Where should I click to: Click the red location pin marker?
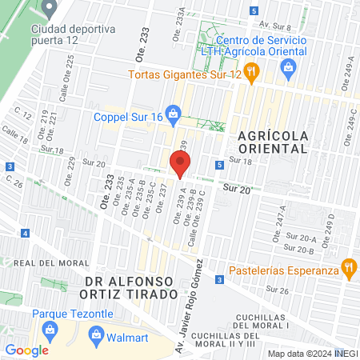(180, 164)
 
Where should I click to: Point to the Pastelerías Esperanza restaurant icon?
(348, 268)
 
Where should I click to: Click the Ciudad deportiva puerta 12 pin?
(50, 9)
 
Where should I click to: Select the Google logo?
(26, 350)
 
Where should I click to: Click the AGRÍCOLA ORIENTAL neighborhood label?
(272, 142)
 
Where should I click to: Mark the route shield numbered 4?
(26, 234)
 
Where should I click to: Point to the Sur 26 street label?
(277, 289)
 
